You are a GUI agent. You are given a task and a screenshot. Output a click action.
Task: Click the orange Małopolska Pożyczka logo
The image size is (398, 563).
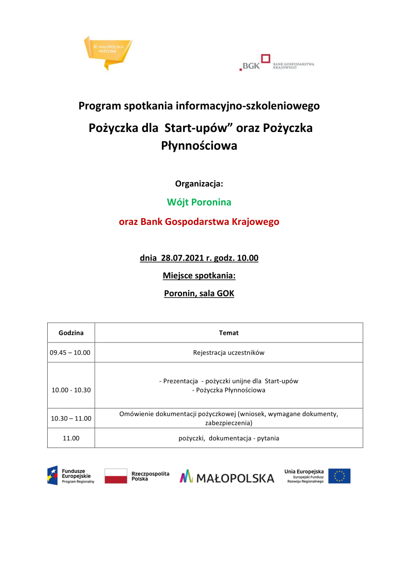click(107, 51)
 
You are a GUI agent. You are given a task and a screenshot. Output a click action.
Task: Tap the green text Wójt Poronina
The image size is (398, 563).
click(199, 202)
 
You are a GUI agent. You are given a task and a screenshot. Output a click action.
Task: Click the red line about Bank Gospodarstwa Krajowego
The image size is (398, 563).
click(199, 222)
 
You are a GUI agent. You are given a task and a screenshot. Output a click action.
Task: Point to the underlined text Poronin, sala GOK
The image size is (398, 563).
click(199, 293)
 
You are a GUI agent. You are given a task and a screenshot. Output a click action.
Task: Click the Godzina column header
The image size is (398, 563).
click(71, 333)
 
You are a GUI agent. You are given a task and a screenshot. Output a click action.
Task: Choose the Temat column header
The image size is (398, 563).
click(228, 333)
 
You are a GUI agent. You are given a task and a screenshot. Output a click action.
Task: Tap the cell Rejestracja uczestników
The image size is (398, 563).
click(228, 353)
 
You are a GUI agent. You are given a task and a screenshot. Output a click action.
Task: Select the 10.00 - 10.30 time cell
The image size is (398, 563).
click(71, 390)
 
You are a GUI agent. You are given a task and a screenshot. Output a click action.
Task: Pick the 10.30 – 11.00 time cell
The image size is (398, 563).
click(71, 419)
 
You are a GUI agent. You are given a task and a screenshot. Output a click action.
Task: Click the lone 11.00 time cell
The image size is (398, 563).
click(71, 438)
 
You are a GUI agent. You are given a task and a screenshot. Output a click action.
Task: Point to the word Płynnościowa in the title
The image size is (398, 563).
click(199, 146)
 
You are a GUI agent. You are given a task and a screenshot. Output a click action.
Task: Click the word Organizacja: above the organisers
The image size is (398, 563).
click(199, 183)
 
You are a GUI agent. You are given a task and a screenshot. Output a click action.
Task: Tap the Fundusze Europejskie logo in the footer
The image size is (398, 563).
click(70, 475)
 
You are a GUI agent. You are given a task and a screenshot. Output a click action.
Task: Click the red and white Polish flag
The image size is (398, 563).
click(116, 476)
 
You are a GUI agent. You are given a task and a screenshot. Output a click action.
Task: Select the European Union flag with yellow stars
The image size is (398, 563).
click(339, 476)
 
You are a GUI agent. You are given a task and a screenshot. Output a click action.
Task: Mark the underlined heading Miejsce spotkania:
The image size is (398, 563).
click(199, 276)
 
